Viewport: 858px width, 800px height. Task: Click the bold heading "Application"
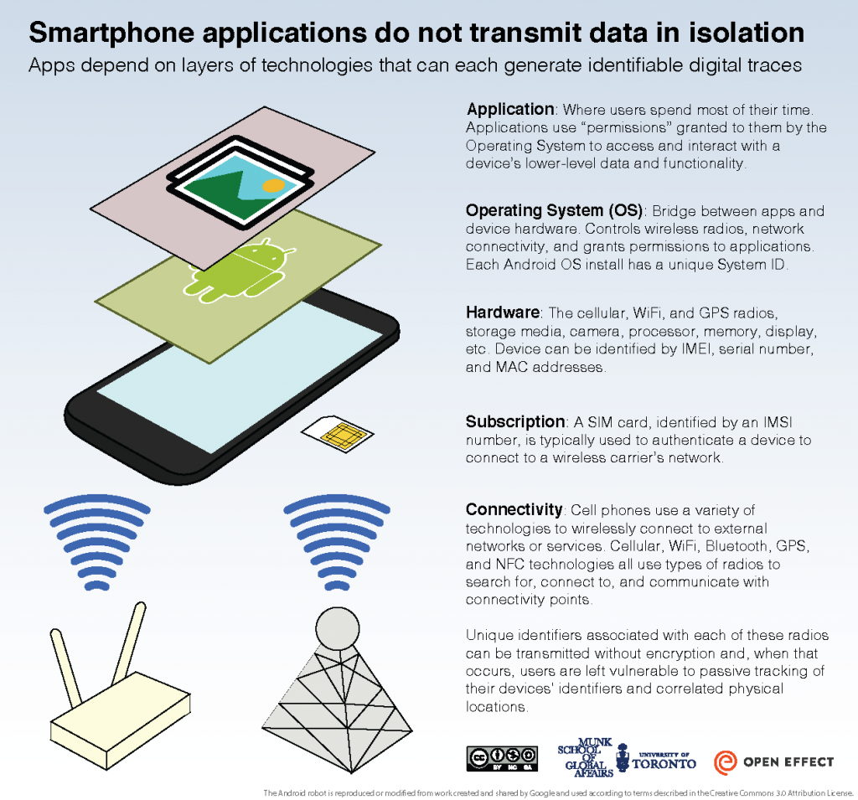pyautogui.click(x=510, y=110)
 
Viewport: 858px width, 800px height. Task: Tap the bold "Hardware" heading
pyautogui.click(x=502, y=312)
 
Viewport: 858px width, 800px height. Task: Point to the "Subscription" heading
pyautogui.click(x=515, y=421)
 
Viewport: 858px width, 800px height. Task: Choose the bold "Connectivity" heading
pyautogui.click(x=514, y=509)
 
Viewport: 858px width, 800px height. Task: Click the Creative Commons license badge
pyautogui.click(x=501, y=758)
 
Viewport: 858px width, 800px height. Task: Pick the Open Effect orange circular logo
pyautogui.click(x=726, y=762)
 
